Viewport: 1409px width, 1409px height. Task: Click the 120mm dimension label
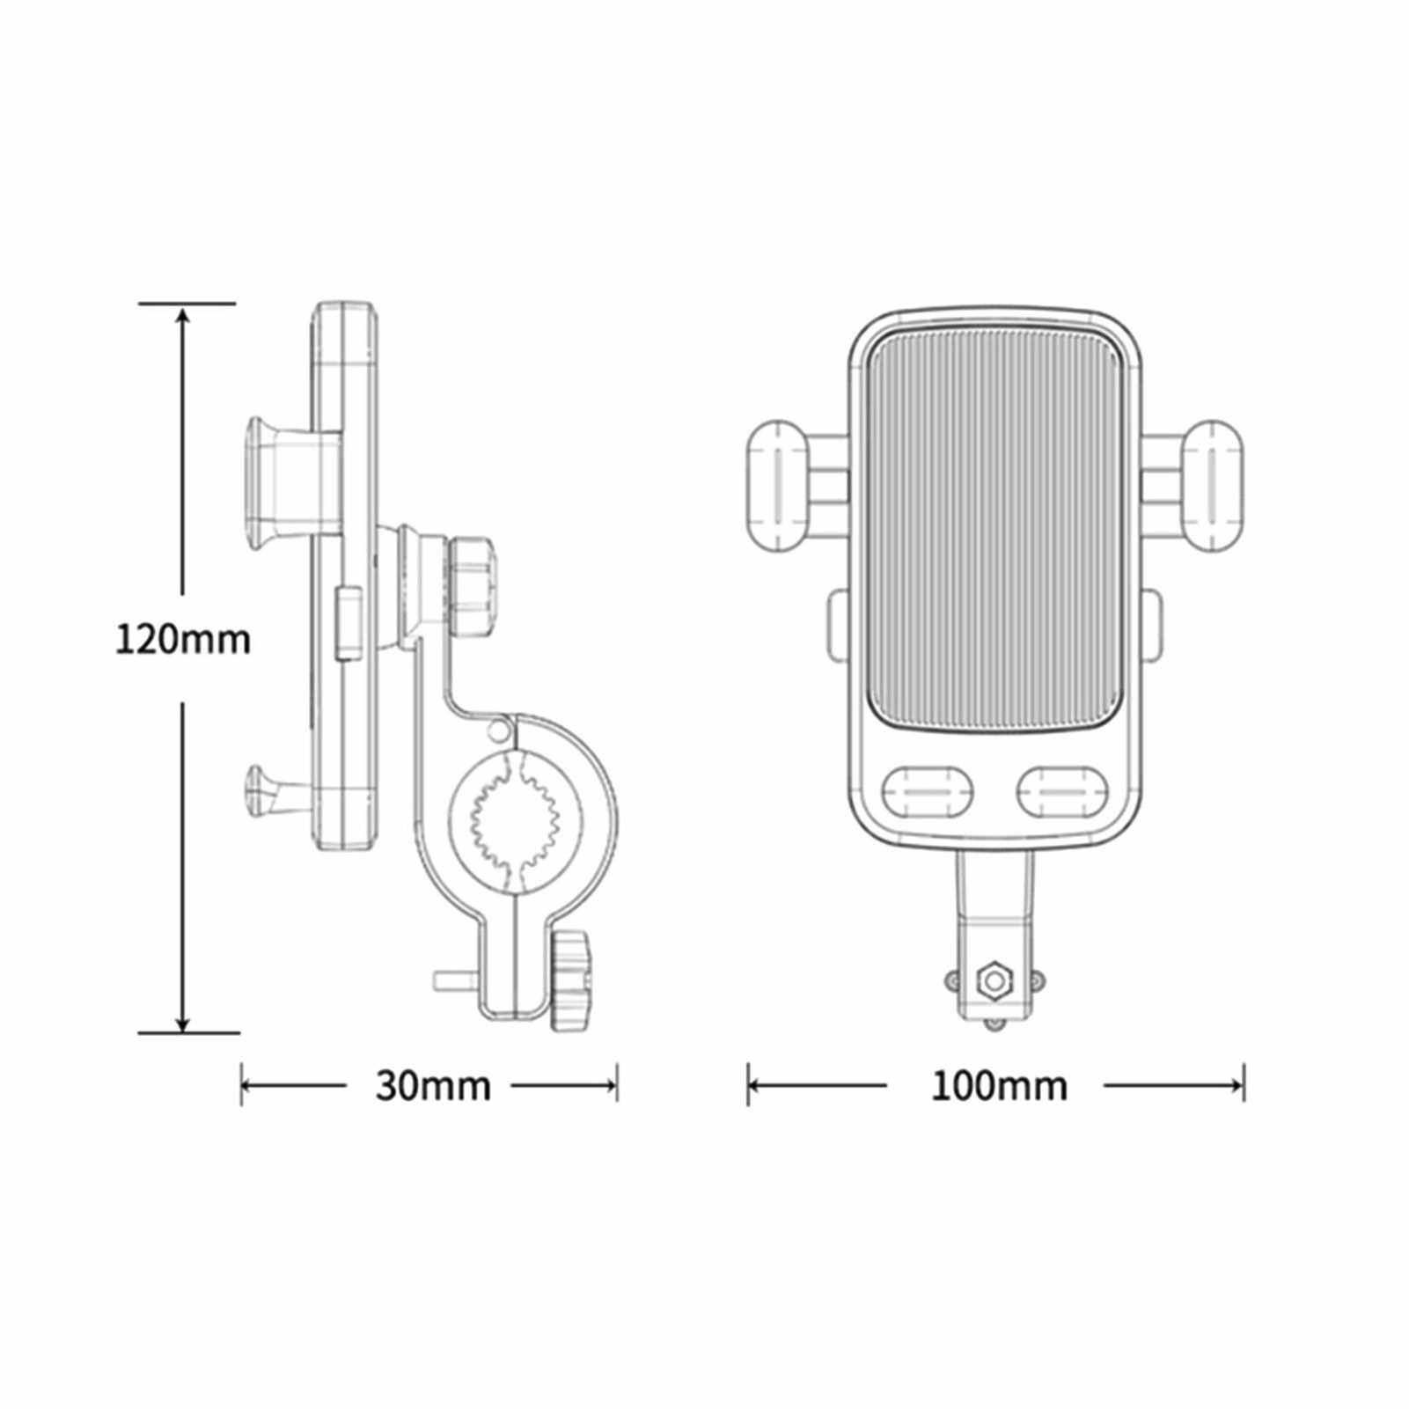[x=183, y=639]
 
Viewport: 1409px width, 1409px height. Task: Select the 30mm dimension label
[x=433, y=1086]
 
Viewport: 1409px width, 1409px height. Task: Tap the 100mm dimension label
[x=999, y=1086]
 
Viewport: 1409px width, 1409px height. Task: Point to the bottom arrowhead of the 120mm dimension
[x=183, y=1018]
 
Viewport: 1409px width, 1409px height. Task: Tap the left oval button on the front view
[x=928, y=790]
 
